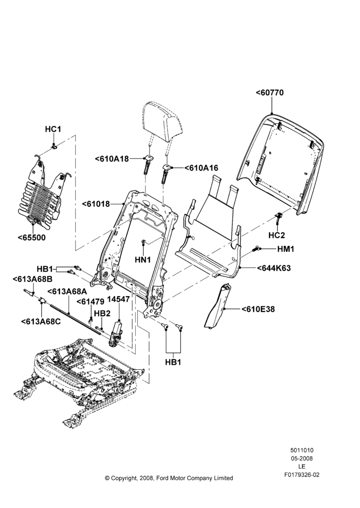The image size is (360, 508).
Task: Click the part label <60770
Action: click(269, 92)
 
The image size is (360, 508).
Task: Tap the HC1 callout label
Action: click(53, 129)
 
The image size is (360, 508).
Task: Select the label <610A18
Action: click(112, 158)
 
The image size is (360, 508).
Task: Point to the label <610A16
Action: click(201, 168)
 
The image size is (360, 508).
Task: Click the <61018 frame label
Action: click(96, 204)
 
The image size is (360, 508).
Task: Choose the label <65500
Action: click(32, 237)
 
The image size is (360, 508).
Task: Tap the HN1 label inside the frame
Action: click(143, 260)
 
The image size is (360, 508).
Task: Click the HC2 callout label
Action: click(277, 235)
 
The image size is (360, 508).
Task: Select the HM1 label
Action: click(286, 249)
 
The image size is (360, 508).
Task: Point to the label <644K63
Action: click(274, 268)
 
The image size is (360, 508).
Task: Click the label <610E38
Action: click(258, 309)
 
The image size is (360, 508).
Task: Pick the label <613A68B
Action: click(33, 279)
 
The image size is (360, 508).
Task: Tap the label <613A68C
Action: click(41, 322)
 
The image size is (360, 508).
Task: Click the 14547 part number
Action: click(118, 299)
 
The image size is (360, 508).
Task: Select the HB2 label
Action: click(102, 313)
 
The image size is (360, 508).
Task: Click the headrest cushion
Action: click(161, 121)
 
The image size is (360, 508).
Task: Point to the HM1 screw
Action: click(256, 249)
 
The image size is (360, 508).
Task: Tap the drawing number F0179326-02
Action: click(302, 475)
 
